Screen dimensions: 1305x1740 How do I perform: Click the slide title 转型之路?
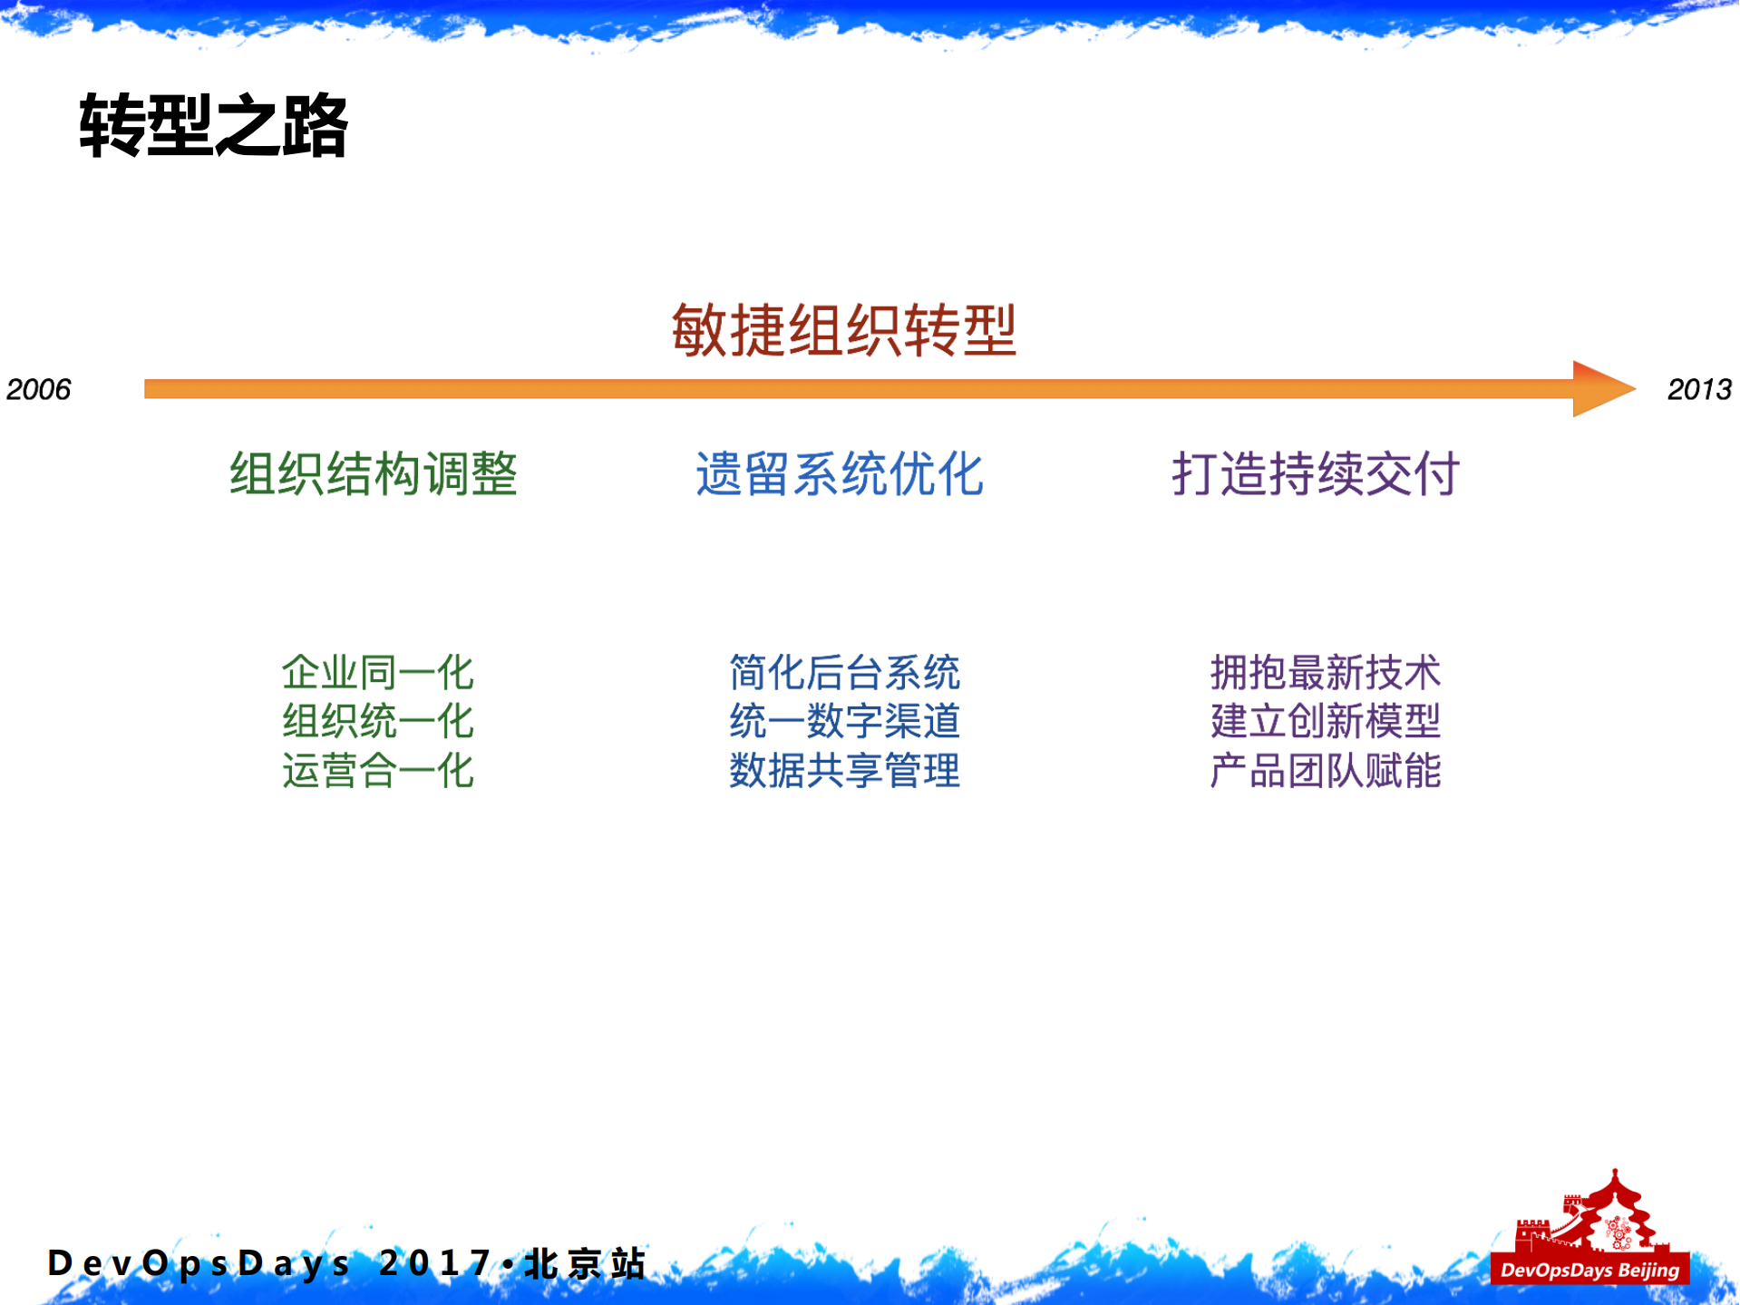click(214, 126)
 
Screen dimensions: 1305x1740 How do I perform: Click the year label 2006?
click(38, 389)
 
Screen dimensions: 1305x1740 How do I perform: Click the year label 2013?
click(1698, 389)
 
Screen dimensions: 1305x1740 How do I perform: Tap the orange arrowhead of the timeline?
click(1600, 388)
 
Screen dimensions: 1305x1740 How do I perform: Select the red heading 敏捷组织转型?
click(843, 330)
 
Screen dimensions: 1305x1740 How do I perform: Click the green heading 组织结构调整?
click(373, 473)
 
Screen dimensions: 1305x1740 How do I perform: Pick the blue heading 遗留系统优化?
click(839, 473)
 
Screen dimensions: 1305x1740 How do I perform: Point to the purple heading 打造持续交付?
click(1315, 473)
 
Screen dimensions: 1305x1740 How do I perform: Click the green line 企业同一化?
click(377, 673)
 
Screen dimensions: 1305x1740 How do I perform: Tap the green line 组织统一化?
click(377, 722)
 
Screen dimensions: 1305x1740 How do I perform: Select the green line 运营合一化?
click(377, 771)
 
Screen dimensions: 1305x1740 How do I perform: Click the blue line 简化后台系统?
click(844, 673)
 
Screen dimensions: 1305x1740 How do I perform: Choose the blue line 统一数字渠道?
click(844, 722)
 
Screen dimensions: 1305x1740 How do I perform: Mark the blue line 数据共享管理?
click(844, 771)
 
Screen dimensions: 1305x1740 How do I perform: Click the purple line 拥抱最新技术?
click(1325, 673)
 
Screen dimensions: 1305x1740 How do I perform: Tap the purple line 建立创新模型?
click(1325, 722)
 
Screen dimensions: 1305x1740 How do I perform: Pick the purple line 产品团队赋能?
click(1325, 771)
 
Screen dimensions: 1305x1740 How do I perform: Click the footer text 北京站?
click(585, 1263)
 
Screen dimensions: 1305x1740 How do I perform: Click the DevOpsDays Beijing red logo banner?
click(1589, 1269)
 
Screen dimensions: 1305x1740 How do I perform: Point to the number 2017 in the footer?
click(435, 1263)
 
